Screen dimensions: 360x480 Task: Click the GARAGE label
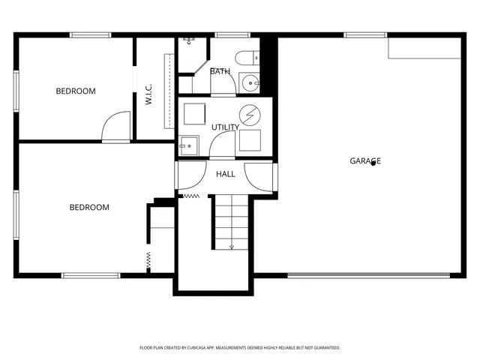(365, 160)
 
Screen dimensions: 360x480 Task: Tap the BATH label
(220, 71)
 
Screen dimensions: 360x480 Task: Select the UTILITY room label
(225, 127)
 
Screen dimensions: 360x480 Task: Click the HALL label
(225, 174)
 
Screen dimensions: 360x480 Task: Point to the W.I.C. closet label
(149, 94)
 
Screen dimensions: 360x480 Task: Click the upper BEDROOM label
(76, 91)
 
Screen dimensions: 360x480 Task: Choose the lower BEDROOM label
(89, 207)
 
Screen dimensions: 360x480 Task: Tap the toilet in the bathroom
(246, 58)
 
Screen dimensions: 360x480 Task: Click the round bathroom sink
(249, 82)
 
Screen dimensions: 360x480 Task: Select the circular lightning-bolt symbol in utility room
(249, 114)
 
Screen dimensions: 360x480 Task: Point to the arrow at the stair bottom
(232, 245)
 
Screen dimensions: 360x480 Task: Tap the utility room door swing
(223, 146)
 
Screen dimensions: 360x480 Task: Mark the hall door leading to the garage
(264, 177)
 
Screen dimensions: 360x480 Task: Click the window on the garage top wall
(365, 34)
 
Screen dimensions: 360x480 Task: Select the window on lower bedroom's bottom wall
(91, 275)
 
